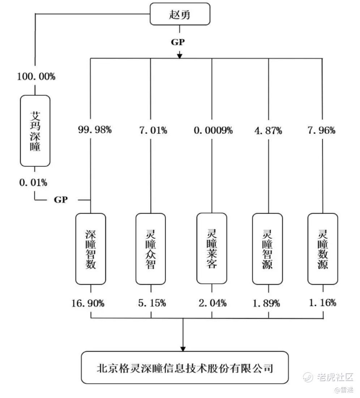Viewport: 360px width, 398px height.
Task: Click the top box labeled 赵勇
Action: pos(180,14)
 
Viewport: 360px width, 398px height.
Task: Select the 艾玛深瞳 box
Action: pos(35,131)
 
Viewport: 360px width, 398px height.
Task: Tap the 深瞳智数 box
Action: pos(90,249)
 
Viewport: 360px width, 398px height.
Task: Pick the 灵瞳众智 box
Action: pos(151,249)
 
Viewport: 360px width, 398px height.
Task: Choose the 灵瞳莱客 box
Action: pos(212,249)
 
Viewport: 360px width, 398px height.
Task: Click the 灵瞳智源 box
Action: pos(267,249)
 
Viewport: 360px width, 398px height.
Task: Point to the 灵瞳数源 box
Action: pos(323,249)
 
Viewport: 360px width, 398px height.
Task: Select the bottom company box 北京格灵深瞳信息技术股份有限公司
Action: pos(185,367)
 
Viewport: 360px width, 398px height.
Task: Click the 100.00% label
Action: pos(36,76)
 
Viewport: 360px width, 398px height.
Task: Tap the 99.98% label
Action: pos(95,130)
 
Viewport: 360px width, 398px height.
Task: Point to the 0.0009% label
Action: pos(213,130)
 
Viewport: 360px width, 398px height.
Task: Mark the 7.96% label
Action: pos(321,130)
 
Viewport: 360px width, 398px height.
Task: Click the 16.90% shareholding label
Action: pos(88,303)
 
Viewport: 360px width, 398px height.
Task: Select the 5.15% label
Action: pos(152,303)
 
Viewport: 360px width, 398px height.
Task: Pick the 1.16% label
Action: pos(322,302)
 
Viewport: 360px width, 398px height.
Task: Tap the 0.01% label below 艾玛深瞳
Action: pos(33,182)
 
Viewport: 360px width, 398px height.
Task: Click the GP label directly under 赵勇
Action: pos(178,42)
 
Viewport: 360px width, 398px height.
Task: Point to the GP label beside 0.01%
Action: pos(61,199)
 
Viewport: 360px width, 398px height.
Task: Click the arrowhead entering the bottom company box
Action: pos(183,349)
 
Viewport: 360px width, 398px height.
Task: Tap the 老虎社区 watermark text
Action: pos(335,377)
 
